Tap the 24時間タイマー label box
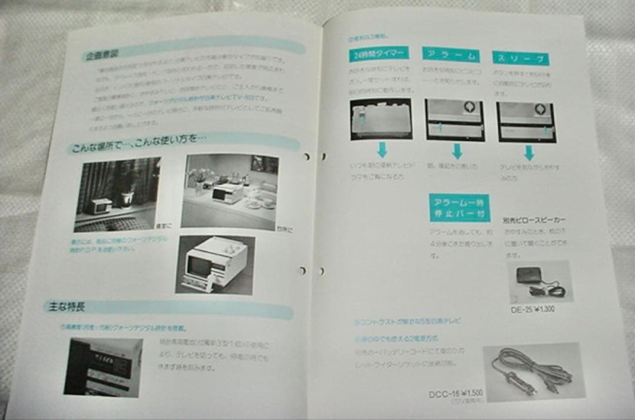(379, 55)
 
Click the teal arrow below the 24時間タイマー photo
(382, 149)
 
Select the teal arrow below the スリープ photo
(529, 153)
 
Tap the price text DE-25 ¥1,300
(533, 309)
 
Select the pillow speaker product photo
(539, 281)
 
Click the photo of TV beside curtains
(116, 194)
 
